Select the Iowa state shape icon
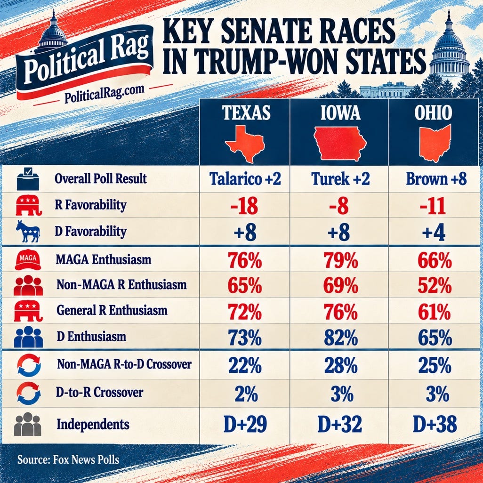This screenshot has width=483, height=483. coord(340,144)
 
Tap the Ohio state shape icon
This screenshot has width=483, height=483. coord(435,143)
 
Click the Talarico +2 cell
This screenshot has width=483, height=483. coord(245,179)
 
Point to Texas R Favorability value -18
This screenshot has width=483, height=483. coord(244,206)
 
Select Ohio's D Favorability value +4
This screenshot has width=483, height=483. coord(434,233)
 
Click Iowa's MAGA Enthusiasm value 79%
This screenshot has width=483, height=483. coord(341,260)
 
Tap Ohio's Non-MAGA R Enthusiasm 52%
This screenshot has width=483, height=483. coord(435,285)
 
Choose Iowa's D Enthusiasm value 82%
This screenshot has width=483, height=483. coord(341,338)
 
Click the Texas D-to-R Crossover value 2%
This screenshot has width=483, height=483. coord(246,394)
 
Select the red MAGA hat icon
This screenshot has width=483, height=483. coord(28,260)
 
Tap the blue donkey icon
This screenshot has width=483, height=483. coord(28,231)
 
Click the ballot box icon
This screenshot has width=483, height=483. coord(28,178)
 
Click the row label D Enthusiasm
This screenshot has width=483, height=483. coord(91,337)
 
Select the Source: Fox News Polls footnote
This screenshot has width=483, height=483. coord(68,459)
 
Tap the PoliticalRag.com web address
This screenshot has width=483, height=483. coord(104,94)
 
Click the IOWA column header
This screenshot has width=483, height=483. coord(340,113)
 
